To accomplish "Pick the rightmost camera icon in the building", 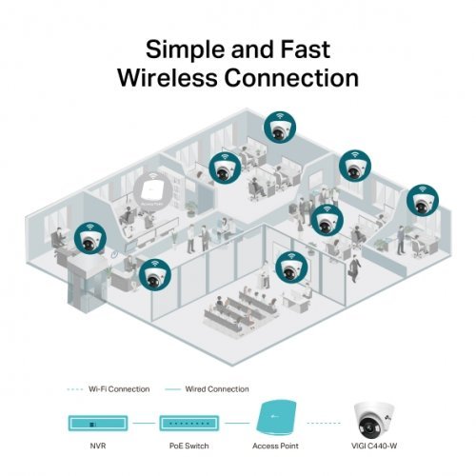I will click(421, 201).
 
